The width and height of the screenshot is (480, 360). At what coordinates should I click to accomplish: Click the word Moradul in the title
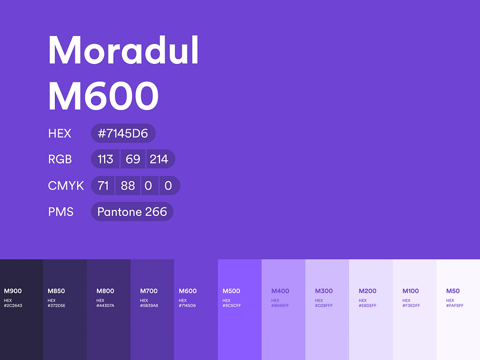(123, 50)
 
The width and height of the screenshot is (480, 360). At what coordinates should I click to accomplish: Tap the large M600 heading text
(103, 95)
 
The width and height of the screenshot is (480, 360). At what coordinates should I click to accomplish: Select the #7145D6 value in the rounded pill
(123, 133)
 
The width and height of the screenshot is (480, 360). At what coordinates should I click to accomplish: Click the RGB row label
(60, 159)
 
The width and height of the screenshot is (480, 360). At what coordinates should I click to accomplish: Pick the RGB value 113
(105, 159)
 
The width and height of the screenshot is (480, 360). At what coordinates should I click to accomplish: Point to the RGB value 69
(133, 159)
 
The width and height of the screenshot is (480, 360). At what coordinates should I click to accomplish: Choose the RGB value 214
(159, 159)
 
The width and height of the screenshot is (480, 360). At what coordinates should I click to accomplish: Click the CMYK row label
(66, 185)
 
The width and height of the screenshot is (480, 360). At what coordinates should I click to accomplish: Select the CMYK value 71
(103, 185)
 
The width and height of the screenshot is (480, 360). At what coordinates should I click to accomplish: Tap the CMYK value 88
(128, 185)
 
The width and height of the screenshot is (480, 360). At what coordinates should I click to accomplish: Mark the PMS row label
(61, 211)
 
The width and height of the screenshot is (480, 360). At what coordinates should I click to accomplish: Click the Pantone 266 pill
(132, 211)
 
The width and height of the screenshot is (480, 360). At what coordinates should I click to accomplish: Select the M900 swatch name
(13, 291)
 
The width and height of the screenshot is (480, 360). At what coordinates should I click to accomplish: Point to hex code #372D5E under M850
(57, 306)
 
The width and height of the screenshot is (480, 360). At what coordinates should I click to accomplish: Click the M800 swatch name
(105, 291)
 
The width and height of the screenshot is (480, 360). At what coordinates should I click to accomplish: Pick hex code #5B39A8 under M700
(149, 306)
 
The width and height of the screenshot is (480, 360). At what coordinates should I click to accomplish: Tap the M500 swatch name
(232, 291)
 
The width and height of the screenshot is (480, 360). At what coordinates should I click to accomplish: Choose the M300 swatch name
(323, 291)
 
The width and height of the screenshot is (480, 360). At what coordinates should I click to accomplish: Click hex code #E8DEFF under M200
(367, 306)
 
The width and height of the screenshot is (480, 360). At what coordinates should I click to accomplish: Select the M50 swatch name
(453, 291)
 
